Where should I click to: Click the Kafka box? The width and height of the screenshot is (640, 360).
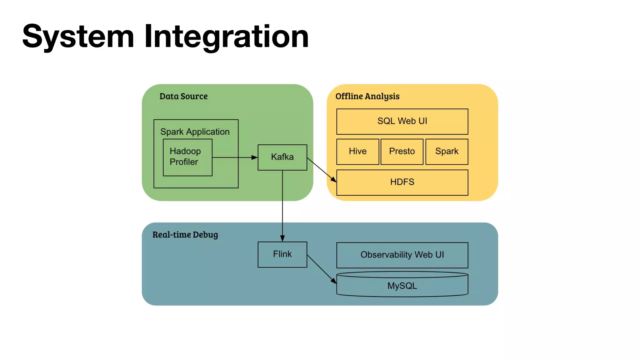point(282,157)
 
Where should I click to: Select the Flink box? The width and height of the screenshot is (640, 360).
point(282,254)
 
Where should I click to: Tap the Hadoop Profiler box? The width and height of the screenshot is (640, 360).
point(187,157)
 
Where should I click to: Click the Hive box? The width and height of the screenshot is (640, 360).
point(357,152)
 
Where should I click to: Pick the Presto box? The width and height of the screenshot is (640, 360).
point(402,152)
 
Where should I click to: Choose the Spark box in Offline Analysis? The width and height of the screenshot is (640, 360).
point(447,152)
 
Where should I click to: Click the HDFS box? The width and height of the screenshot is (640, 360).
point(402,182)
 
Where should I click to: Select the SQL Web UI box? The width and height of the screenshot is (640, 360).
point(402,121)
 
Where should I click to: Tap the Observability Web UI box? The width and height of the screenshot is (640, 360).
point(402,255)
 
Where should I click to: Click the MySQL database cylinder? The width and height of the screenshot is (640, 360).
point(402,286)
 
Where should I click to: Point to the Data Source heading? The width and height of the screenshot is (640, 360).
point(183,96)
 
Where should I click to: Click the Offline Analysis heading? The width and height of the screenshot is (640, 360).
point(367,96)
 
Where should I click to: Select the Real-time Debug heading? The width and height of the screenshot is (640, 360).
point(185,235)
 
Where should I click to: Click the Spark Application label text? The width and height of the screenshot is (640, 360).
point(195,132)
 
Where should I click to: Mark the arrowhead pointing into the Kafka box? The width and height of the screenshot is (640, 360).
point(255,157)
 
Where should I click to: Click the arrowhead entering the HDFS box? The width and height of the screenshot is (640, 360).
point(334,180)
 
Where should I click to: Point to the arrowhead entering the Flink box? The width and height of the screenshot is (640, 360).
point(282,238)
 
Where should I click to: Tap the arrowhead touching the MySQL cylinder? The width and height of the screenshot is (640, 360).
point(334,281)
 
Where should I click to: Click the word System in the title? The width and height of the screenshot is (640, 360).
point(78,37)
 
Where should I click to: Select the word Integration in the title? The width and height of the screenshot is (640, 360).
point(226,37)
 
